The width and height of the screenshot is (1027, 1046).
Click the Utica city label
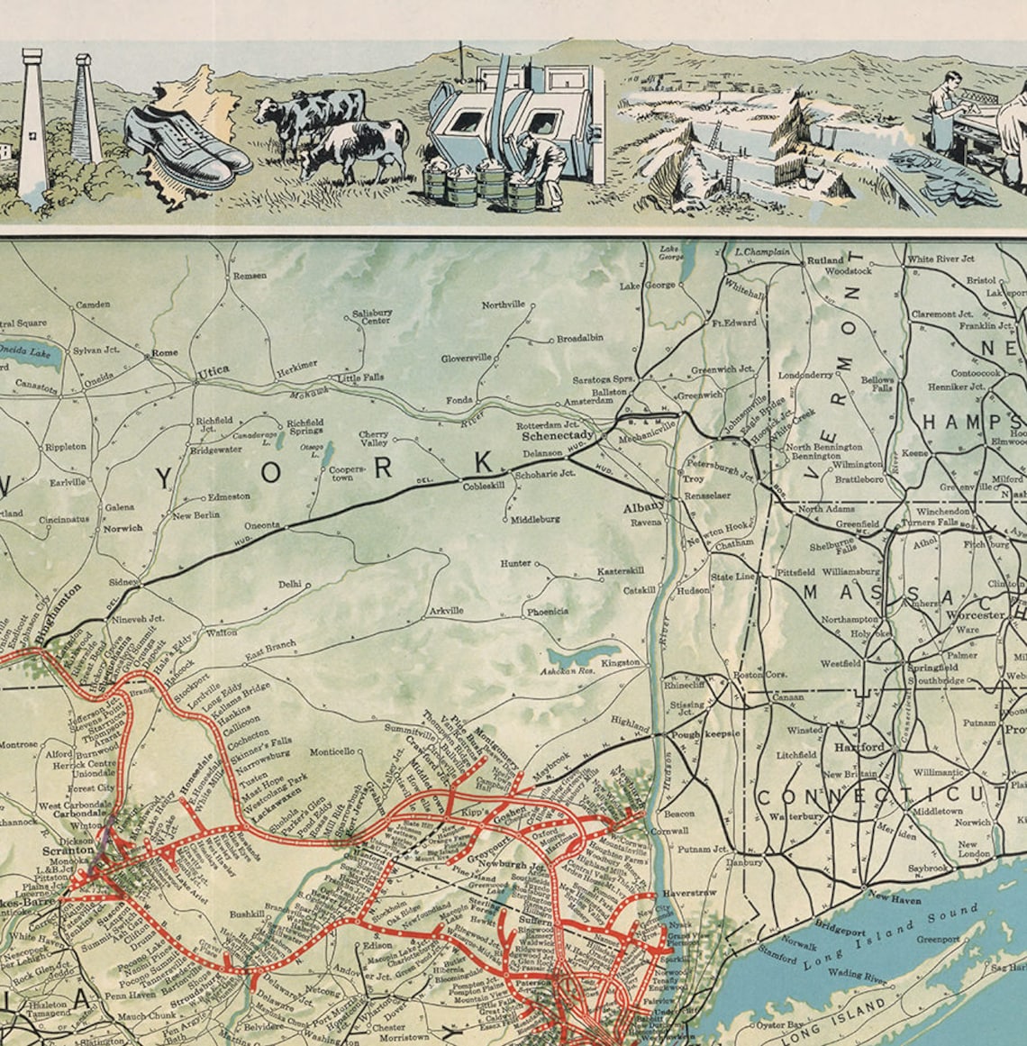[213, 369]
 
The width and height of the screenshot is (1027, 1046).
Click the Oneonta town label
[262, 524]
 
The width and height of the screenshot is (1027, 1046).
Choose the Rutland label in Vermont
[825, 260]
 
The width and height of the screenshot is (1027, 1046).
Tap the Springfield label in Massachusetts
[932, 668]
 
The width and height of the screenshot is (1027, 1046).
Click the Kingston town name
[621, 662]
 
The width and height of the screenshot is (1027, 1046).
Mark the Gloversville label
[466, 358]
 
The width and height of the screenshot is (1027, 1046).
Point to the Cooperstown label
[346, 474]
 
